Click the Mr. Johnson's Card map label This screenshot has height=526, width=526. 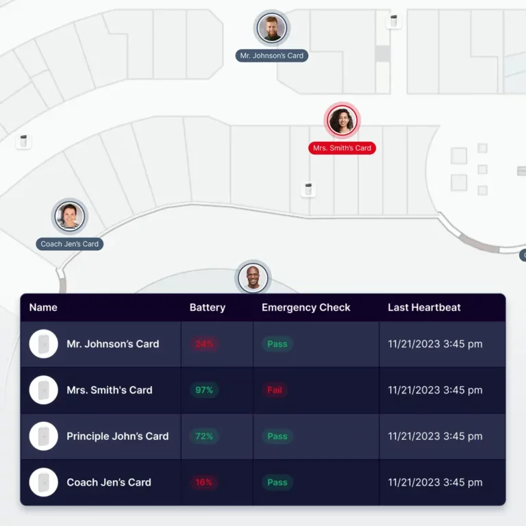point(272,55)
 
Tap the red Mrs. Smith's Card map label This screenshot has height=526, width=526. point(342,148)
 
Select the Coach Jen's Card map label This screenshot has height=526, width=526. point(70,244)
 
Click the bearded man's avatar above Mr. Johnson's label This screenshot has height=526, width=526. point(272,29)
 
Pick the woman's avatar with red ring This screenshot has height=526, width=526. point(342,121)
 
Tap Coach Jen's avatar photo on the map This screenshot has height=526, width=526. point(70,216)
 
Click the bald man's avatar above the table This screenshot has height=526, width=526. point(253,278)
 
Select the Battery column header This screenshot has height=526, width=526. point(207,308)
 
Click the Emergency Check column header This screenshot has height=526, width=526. point(305,308)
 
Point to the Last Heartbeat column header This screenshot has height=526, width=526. point(424,308)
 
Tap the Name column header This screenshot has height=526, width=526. point(43,308)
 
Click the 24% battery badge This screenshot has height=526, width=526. point(204,344)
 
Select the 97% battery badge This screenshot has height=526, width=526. point(204,390)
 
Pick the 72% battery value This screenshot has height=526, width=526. point(204,436)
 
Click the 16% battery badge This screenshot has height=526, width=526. point(204,482)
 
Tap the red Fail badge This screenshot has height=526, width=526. point(275,390)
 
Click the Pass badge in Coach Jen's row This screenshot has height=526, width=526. point(277,482)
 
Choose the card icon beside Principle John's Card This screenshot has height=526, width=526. point(44,436)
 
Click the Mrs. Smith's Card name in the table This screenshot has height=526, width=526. point(110,390)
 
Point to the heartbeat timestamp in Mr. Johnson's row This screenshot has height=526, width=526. point(435,344)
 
